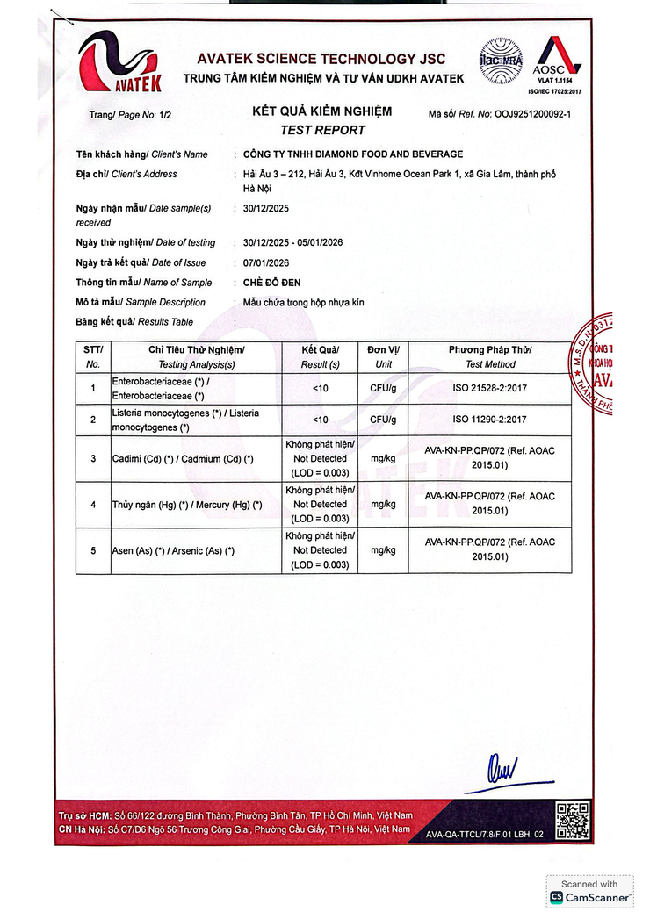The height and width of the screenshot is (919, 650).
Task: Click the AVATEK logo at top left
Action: pos(121,61)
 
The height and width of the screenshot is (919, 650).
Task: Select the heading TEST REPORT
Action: pos(322,130)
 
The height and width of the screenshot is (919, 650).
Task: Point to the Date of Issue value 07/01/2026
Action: pos(266,262)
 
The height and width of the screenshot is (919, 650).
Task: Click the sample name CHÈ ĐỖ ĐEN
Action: pos(278,282)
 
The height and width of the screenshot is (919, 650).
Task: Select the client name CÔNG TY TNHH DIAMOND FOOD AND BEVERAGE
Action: pos(352,154)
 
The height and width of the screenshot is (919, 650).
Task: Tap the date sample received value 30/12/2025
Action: pos(266,208)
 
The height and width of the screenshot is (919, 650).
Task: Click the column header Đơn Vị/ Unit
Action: pos(383,356)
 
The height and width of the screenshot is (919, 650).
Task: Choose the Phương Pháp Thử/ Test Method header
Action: pos(490,356)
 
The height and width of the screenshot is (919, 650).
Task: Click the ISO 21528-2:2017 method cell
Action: pos(490,387)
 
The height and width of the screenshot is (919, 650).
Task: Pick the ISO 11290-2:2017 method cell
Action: pos(490,420)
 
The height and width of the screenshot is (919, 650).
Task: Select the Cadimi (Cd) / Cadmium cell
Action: pos(183,459)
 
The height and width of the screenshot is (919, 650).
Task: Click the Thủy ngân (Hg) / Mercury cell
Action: pos(187,505)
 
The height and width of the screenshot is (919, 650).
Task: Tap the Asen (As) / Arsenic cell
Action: pos(173,550)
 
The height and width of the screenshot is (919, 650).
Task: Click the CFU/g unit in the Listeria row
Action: pos(383,420)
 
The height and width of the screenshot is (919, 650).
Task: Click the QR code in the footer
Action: pos(572,821)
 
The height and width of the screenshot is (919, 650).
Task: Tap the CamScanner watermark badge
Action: pos(589,892)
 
